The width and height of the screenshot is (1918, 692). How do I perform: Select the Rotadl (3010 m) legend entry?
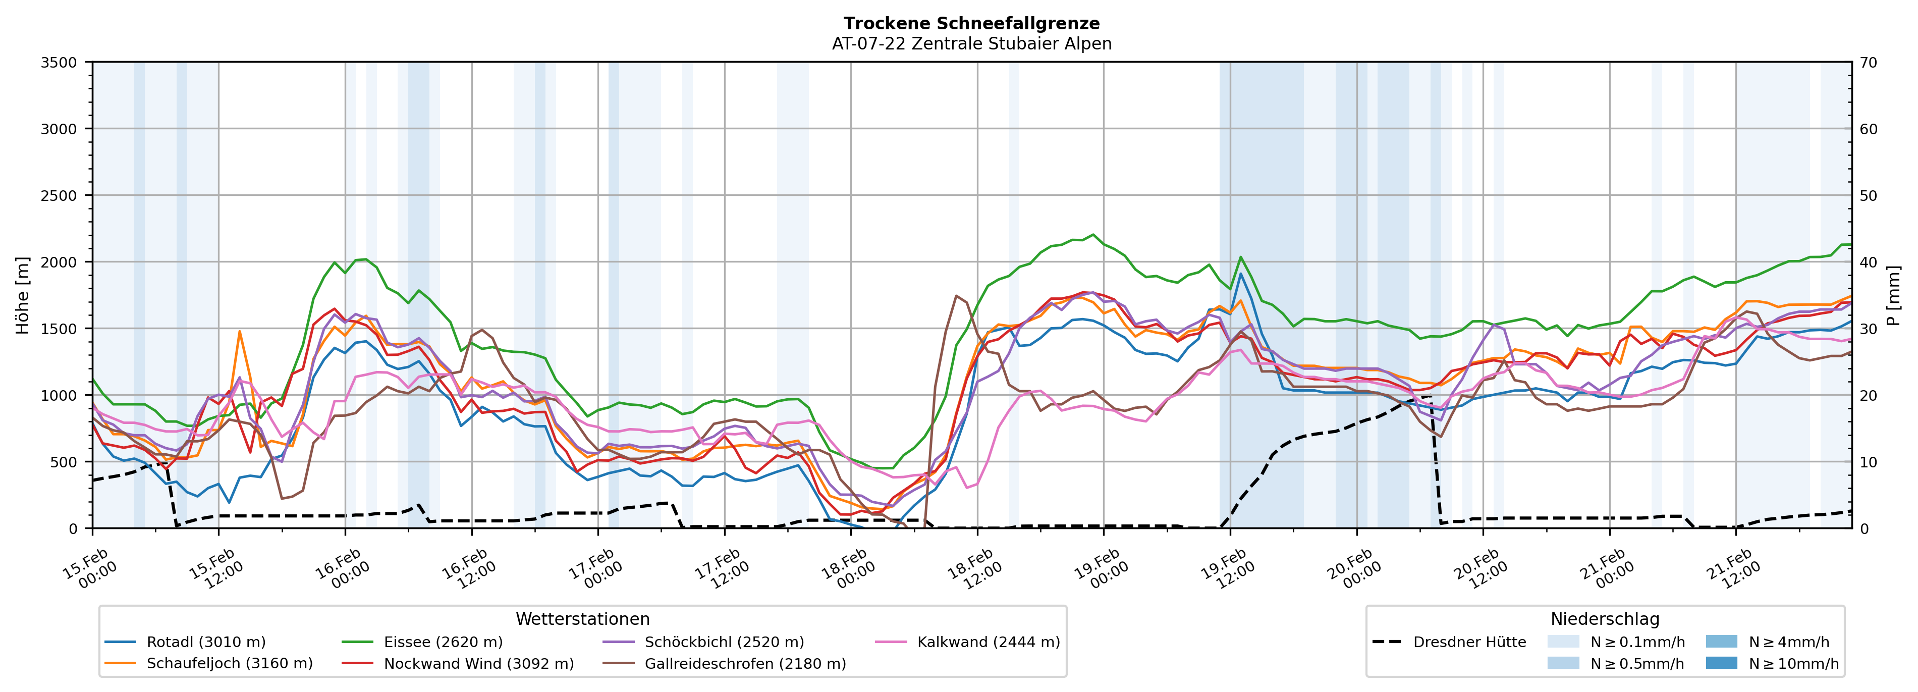[x=205, y=642]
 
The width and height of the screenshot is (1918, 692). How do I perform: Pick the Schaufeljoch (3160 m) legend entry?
[x=229, y=664]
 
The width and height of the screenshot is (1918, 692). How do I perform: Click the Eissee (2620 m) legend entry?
[x=443, y=642]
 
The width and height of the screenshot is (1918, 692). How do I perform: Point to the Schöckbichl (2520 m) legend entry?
[x=724, y=642]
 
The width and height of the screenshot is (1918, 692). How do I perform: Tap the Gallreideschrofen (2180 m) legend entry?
[x=745, y=664]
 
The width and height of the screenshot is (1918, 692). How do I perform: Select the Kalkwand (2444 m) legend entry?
[x=988, y=642]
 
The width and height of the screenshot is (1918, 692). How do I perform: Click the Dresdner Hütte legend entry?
[x=1469, y=642]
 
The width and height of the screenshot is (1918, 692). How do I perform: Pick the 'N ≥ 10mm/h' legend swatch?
[x=1721, y=663]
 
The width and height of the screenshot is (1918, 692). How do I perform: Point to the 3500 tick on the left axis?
[x=59, y=63]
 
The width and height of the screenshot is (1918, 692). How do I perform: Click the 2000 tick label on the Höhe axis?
[x=59, y=262]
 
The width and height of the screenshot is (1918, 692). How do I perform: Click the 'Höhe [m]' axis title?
[x=23, y=295]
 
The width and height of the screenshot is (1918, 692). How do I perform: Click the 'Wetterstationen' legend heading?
[x=582, y=619]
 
